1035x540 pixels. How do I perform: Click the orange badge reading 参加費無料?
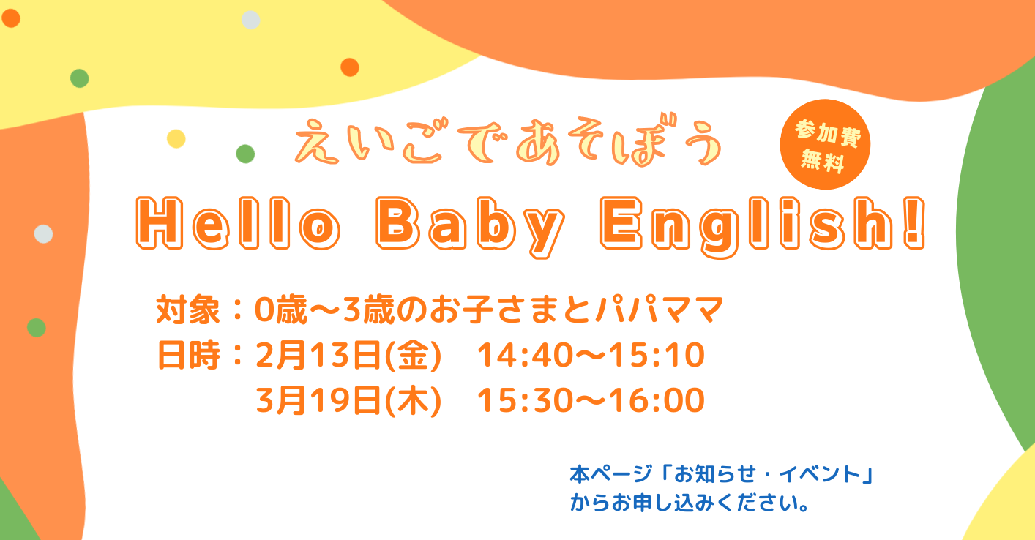825,144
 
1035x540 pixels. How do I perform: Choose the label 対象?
187,311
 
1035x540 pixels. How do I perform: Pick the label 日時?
187,356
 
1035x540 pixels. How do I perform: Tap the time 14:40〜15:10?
590,356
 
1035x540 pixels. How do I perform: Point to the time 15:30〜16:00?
590,400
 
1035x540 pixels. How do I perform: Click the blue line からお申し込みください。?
689,504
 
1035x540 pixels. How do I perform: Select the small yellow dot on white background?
176,138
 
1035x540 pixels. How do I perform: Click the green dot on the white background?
245,154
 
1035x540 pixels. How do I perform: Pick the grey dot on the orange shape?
43,233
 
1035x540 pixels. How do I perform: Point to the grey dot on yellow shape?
250,20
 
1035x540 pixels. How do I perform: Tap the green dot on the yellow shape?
79,78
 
